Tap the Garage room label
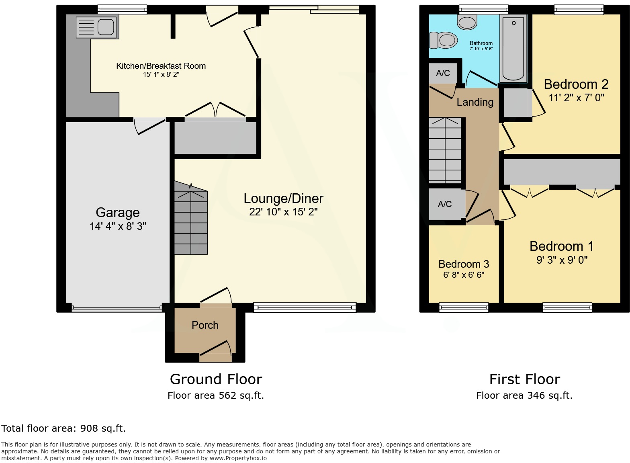(x=118, y=212)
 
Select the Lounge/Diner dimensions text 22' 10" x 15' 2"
(x=283, y=212)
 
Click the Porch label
(x=205, y=325)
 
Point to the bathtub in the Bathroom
(x=513, y=49)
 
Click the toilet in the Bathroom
(x=444, y=40)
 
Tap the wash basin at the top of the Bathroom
(x=467, y=23)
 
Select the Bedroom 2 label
(x=576, y=84)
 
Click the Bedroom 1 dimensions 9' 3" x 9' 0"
(x=562, y=260)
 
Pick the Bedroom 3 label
(x=464, y=264)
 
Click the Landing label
(x=475, y=102)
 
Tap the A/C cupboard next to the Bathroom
(x=443, y=73)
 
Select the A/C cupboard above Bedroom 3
(x=445, y=204)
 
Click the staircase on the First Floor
(x=445, y=150)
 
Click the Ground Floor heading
(x=216, y=379)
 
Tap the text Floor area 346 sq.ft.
(x=524, y=395)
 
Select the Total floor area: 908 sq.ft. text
(x=63, y=428)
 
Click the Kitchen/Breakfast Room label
(x=161, y=66)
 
